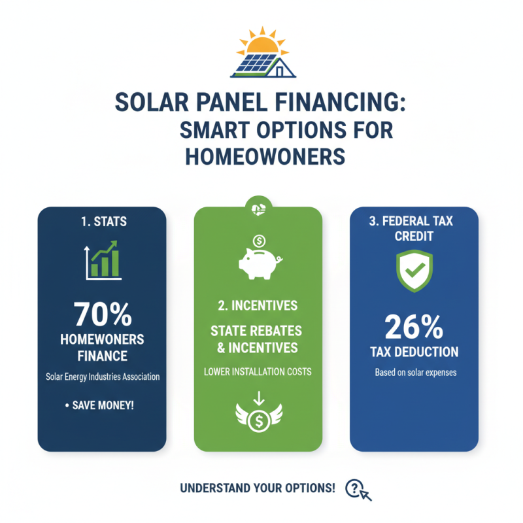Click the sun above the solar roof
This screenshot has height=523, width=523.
261,44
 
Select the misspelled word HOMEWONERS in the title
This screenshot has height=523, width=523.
264,157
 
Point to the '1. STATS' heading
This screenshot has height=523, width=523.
101,222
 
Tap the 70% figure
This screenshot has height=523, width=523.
102,314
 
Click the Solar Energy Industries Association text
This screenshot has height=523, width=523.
102,377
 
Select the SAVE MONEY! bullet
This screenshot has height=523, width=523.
102,406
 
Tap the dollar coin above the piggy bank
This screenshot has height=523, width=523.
259,240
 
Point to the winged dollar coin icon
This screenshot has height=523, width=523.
259,416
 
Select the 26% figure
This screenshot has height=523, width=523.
414,325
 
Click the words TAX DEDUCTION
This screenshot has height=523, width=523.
414,352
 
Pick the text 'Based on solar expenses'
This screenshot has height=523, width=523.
414,373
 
